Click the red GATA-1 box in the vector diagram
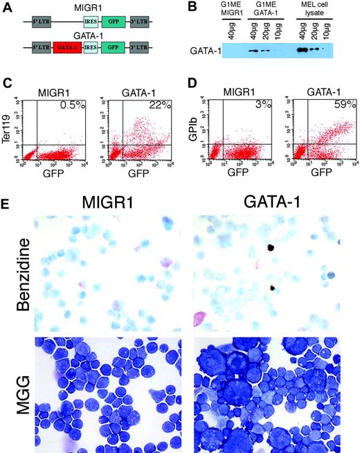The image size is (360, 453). pyautogui.click(x=66, y=50)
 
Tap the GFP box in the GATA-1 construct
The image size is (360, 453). pyautogui.click(x=116, y=50)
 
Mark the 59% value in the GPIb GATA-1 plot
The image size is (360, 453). pyautogui.click(x=347, y=105)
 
